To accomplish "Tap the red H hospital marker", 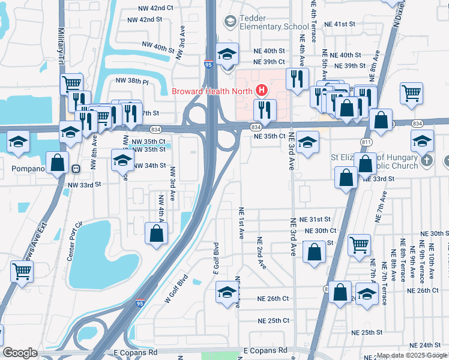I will pos(262,91).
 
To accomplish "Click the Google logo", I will pos(20,352).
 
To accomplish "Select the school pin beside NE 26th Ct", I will pos(227,292).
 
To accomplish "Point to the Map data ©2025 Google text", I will pos(412,355).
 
